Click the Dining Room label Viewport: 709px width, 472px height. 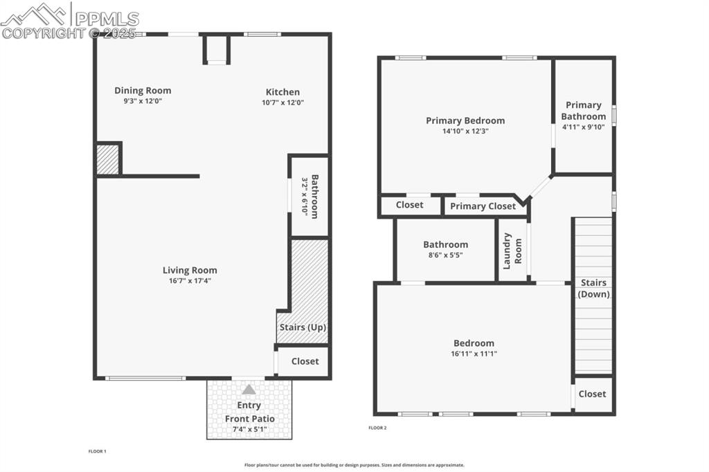[143, 91]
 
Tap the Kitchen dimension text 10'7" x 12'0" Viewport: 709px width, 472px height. [282, 102]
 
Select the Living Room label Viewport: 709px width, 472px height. [190, 270]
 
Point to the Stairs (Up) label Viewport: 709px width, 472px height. [303, 327]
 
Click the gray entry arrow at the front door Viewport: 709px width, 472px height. [249, 390]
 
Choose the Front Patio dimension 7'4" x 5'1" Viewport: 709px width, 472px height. [249, 430]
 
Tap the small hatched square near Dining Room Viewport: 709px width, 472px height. [107, 159]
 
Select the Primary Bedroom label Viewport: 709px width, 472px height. [465, 120]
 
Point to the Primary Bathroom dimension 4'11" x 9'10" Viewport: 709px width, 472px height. [584, 127]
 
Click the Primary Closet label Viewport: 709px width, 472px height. [483, 206]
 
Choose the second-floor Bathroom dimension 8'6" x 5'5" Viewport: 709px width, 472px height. [445, 255]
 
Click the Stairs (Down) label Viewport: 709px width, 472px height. [594, 288]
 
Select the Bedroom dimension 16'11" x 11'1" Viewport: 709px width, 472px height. [474, 354]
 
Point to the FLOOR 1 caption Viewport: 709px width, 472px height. [97, 451]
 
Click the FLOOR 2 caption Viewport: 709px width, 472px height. [377, 428]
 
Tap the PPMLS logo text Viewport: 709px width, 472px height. [107, 19]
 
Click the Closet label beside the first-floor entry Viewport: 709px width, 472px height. [305, 361]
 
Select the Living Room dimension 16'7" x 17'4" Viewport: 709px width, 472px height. [190, 281]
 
